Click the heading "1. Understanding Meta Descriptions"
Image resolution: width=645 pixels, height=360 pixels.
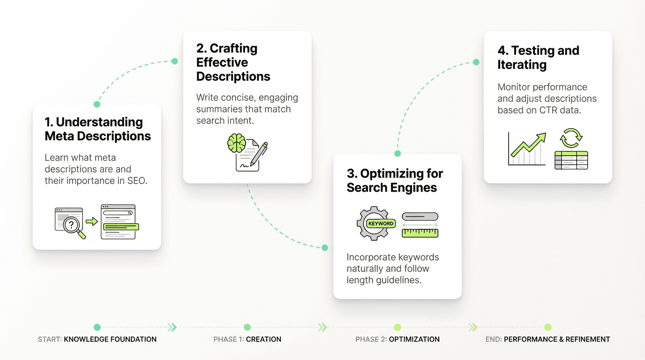pos(97,129)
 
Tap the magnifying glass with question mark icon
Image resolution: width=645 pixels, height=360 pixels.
pos(72,226)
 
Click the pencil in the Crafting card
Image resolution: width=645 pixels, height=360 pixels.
pos(258,154)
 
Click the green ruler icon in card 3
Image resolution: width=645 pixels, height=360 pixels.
pos(420,232)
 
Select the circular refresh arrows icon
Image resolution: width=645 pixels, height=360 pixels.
pos(571,138)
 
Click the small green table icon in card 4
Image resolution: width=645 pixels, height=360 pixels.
pos(571,160)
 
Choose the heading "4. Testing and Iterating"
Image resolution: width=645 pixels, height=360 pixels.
pos(538,58)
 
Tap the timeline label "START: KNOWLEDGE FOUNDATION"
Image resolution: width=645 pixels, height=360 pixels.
pos(97,339)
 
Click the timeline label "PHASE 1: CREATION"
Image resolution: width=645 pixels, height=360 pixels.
pos(247,339)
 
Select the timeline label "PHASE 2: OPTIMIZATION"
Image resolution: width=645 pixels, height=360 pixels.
pos(397,339)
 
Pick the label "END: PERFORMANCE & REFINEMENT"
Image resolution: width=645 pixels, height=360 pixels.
pos(547,339)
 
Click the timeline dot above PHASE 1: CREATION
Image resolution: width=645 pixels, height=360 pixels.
pos(247,327)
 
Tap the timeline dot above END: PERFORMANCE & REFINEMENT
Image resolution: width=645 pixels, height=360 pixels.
pos(547,327)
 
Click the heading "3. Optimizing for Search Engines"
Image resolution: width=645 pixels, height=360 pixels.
pos(395,180)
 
